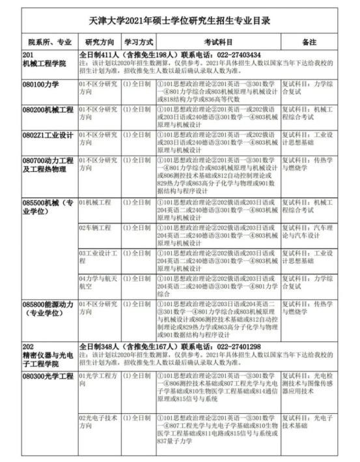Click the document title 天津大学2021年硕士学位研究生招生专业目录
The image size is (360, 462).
pyautogui.click(x=179, y=22)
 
